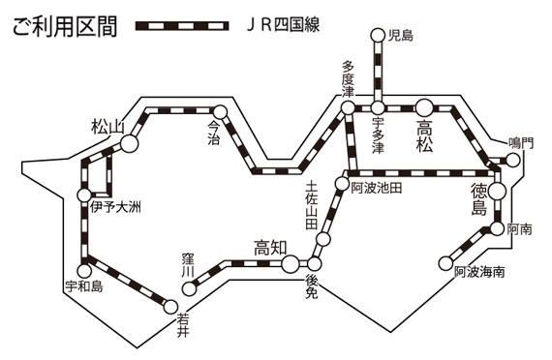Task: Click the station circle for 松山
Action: (x=129, y=143)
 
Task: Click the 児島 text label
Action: (x=400, y=37)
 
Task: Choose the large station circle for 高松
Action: (x=424, y=107)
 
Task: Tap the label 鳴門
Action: (x=521, y=142)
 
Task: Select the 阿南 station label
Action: (x=521, y=229)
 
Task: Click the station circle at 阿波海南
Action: (x=446, y=261)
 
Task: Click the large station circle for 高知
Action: (x=290, y=261)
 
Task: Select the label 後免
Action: (x=311, y=285)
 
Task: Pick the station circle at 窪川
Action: (x=192, y=286)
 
